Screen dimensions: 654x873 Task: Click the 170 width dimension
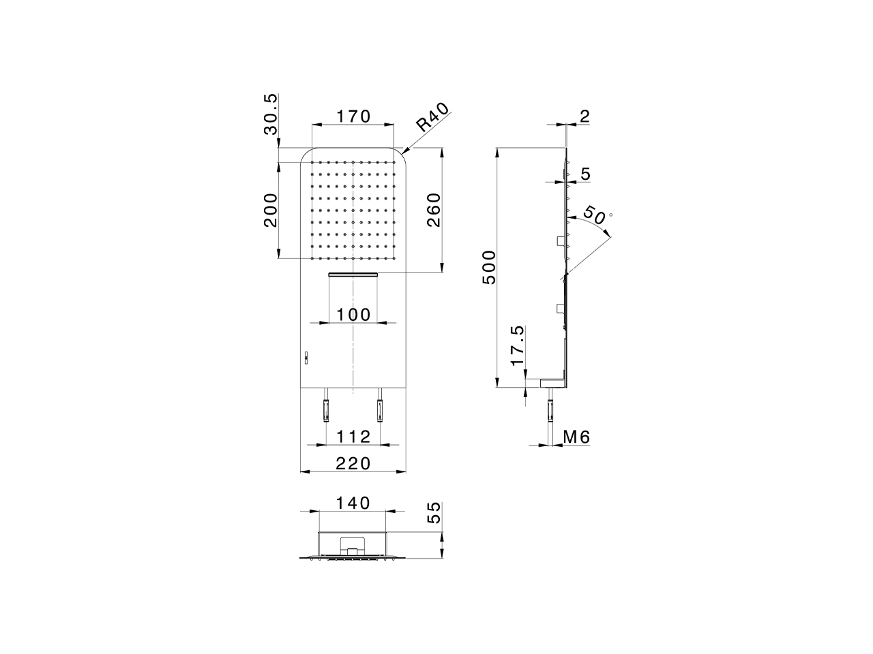[353, 116]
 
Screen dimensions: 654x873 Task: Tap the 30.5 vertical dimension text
[271, 114]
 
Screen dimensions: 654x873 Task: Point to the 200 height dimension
[271, 211]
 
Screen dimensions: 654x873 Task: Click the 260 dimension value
[434, 211]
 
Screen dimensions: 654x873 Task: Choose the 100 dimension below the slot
[353, 314]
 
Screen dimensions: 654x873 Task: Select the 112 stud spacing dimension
[353, 435]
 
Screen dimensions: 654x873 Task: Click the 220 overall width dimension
[353, 463]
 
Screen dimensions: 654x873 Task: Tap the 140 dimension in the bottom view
[353, 503]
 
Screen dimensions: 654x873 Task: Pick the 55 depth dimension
[434, 512]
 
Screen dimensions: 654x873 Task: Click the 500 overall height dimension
[489, 268]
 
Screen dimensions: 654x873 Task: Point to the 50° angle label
[594, 216]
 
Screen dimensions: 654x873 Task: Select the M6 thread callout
[576, 437]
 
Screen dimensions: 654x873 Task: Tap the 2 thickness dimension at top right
[584, 116]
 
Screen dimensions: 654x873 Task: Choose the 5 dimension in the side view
[585, 174]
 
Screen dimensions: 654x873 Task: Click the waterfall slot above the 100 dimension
[353, 275]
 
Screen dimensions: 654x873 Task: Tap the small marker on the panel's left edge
[306, 356]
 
